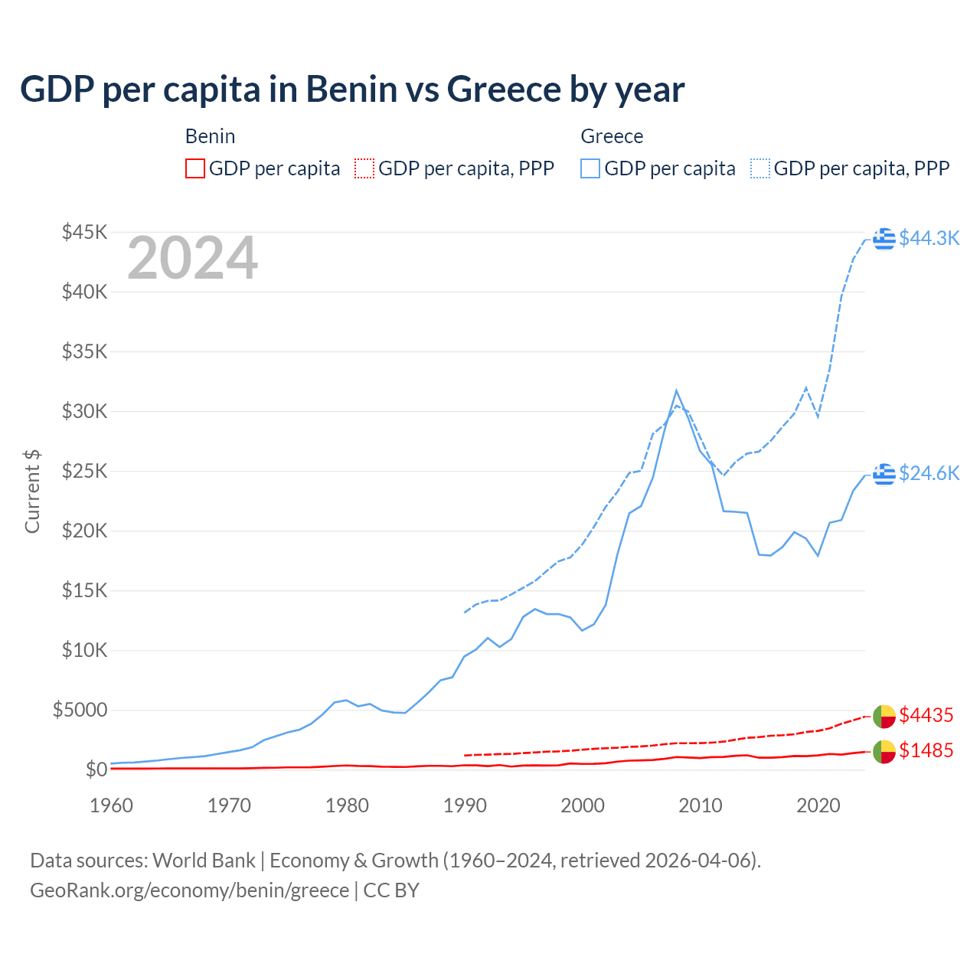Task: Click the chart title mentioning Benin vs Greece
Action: (x=352, y=90)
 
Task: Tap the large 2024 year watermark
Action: (x=192, y=259)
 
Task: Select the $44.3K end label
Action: (x=929, y=238)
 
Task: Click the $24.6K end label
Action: (x=929, y=473)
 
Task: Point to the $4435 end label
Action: (x=926, y=715)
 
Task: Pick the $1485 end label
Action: (x=926, y=750)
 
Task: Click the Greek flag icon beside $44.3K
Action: (x=884, y=239)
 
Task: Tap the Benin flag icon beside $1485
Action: (x=884, y=752)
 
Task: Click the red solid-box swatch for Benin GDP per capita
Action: (x=195, y=168)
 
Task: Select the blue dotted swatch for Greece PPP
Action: (x=760, y=168)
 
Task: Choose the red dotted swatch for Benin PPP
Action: (x=364, y=168)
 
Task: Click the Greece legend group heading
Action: (x=612, y=136)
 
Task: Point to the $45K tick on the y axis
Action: (x=85, y=232)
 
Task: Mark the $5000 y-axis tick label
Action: (x=80, y=710)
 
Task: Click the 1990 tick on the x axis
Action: (x=465, y=805)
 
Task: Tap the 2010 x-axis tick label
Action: (x=701, y=805)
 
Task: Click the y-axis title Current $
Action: (x=32, y=491)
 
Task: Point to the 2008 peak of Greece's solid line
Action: (x=676, y=390)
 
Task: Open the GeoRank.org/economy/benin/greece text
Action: (x=189, y=890)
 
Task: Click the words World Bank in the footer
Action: (x=204, y=861)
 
